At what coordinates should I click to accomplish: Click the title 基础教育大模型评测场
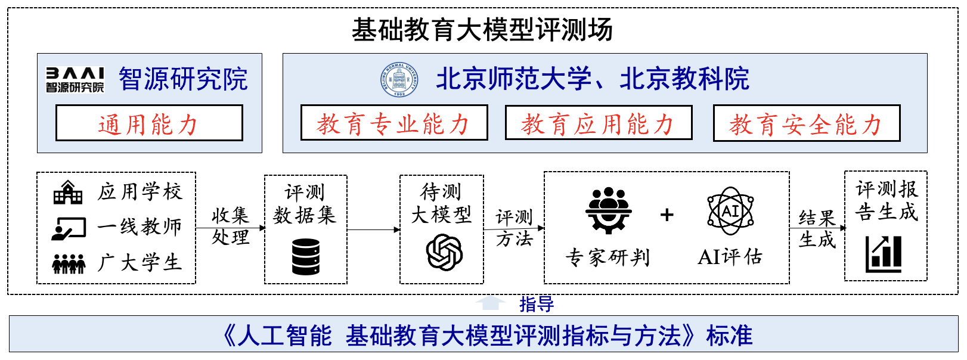[x=482, y=30]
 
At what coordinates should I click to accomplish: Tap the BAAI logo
[x=75, y=79]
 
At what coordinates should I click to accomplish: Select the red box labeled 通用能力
[x=149, y=123]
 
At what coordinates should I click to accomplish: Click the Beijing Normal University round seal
[x=399, y=79]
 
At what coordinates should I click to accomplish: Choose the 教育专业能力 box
[x=394, y=123]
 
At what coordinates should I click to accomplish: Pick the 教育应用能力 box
[x=599, y=123]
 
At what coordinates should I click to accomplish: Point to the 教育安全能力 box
[x=807, y=124]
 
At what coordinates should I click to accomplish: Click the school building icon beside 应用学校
[x=68, y=193]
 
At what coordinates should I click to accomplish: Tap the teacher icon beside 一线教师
[x=69, y=228]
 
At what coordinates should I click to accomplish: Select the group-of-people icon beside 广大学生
[x=69, y=263]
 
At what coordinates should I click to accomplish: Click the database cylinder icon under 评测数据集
[x=306, y=256]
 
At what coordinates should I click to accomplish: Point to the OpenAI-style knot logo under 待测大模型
[x=444, y=252]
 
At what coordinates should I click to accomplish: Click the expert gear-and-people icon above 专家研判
[x=608, y=210]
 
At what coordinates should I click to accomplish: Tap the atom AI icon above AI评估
[x=730, y=210]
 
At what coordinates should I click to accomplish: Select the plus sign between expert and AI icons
[x=667, y=215]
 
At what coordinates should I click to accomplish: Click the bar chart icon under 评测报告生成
[x=884, y=253]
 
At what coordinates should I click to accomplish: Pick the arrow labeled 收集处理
[x=230, y=228]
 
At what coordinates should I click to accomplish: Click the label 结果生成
[x=817, y=228]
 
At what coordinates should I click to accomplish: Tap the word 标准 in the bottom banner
[x=729, y=336]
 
